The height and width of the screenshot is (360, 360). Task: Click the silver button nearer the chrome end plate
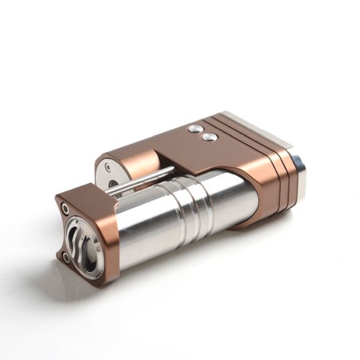tap(210, 137)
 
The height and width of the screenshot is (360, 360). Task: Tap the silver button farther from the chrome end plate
tap(195, 128)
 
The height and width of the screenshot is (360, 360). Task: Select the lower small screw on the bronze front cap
tap(63, 256)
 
